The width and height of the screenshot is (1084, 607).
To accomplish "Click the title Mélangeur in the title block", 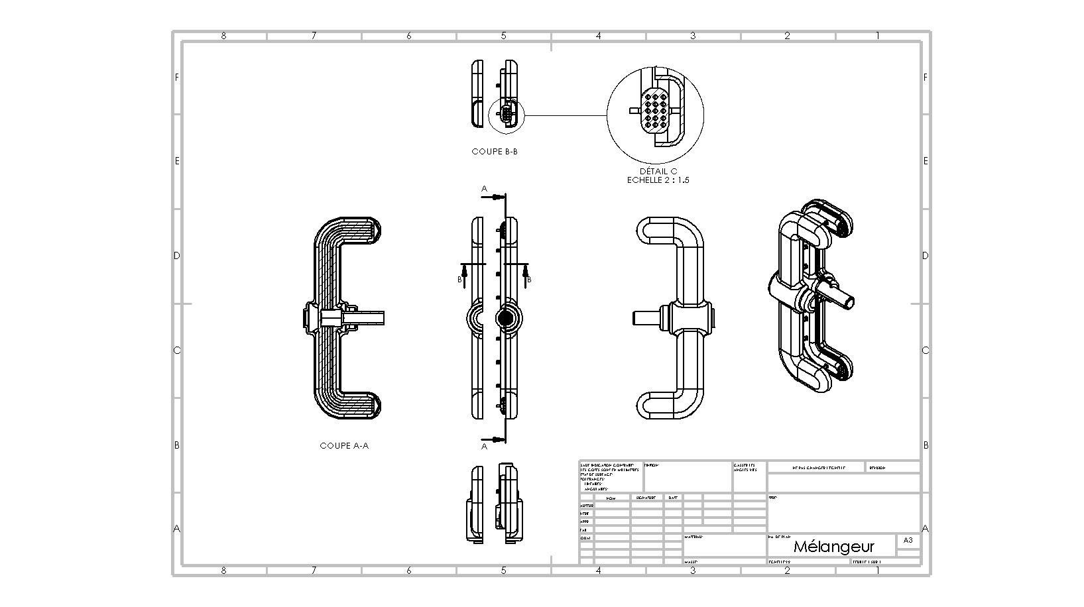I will (x=833, y=547).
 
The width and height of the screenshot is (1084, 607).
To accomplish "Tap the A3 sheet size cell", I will (x=908, y=540).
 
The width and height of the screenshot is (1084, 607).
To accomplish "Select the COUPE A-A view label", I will (x=344, y=446).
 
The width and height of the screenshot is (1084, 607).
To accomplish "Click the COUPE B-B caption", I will (x=495, y=152).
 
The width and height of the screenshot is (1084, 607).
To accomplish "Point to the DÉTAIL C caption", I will (x=658, y=171).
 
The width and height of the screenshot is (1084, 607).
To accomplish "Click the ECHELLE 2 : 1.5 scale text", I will (x=658, y=180).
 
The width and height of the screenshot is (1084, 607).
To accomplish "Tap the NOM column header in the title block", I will (x=611, y=498).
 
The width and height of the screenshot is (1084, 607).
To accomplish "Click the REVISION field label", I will (x=876, y=468).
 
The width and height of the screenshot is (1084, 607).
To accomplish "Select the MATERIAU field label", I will (x=693, y=537).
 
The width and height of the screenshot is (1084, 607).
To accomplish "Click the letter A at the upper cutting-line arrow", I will (x=484, y=189).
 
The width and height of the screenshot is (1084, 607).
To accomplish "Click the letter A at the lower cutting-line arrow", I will (x=484, y=446).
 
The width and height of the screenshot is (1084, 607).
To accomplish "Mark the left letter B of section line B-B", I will (x=459, y=280).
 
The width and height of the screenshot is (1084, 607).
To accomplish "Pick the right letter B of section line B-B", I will (x=529, y=280).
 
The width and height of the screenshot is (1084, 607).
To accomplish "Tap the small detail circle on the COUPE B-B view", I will (x=506, y=115).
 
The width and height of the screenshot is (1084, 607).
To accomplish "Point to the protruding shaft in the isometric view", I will (x=841, y=295).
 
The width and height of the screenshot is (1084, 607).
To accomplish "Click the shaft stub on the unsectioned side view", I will (x=645, y=317).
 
